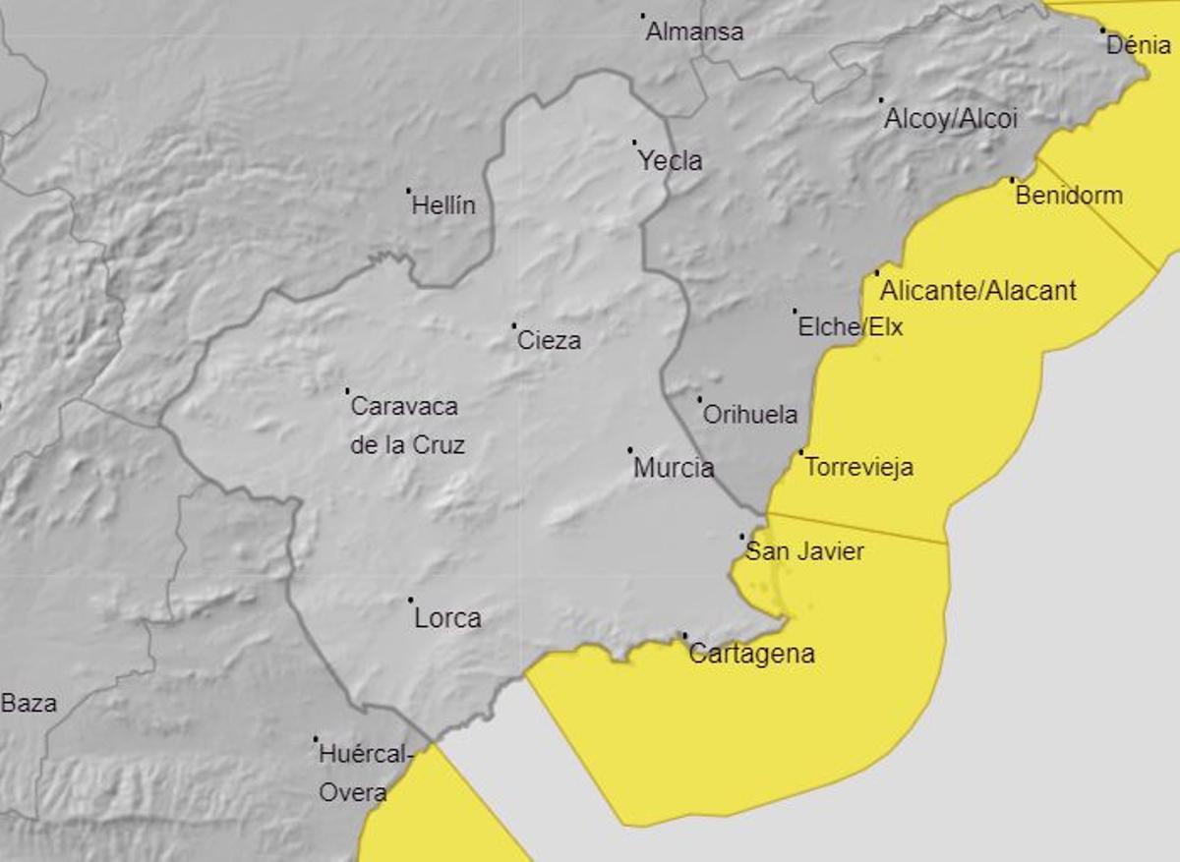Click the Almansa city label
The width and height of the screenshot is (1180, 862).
(x=694, y=32)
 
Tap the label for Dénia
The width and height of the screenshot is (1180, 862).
(x=1139, y=44)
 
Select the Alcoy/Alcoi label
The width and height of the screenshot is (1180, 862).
(x=951, y=120)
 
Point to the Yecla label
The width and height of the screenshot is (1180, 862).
(x=671, y=161)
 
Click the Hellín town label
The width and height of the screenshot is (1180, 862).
(x=443, y=205)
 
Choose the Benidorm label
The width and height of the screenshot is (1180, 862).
(x=1069, y=195)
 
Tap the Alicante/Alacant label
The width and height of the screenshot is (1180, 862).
(x=978, y=291)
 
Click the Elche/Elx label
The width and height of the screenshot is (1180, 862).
(x=851, y=327)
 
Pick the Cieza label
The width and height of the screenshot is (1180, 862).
(x=550, y=341)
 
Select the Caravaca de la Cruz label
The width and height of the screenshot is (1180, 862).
(x=405, y=425)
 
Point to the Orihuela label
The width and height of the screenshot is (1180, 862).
(x=750, y=415)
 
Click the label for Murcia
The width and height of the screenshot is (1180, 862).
(x=674, y=468)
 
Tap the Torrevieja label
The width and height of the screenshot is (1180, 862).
(x=859, y=467)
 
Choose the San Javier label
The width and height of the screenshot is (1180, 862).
(x=804, y=551)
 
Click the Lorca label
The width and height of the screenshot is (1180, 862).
(x=448, y=618)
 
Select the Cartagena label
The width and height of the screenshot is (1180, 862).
(x=752, y=654)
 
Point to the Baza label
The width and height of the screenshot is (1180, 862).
(x=29, y=704)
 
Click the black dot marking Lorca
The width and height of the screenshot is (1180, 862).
(x=410, y=600)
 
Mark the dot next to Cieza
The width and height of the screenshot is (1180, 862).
(x=513, y=325)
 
